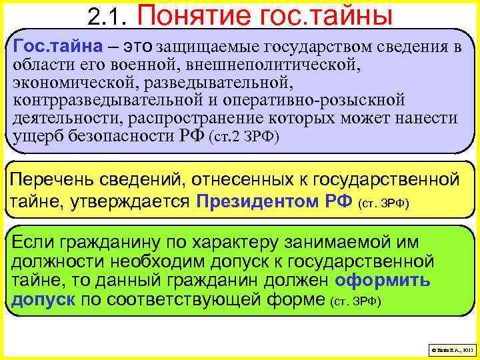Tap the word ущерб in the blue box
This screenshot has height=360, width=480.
click(x=36, y=137)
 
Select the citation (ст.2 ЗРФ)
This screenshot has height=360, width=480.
click(x=245, y=138)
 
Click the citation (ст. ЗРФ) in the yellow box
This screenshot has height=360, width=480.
click(x=384, y=201)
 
